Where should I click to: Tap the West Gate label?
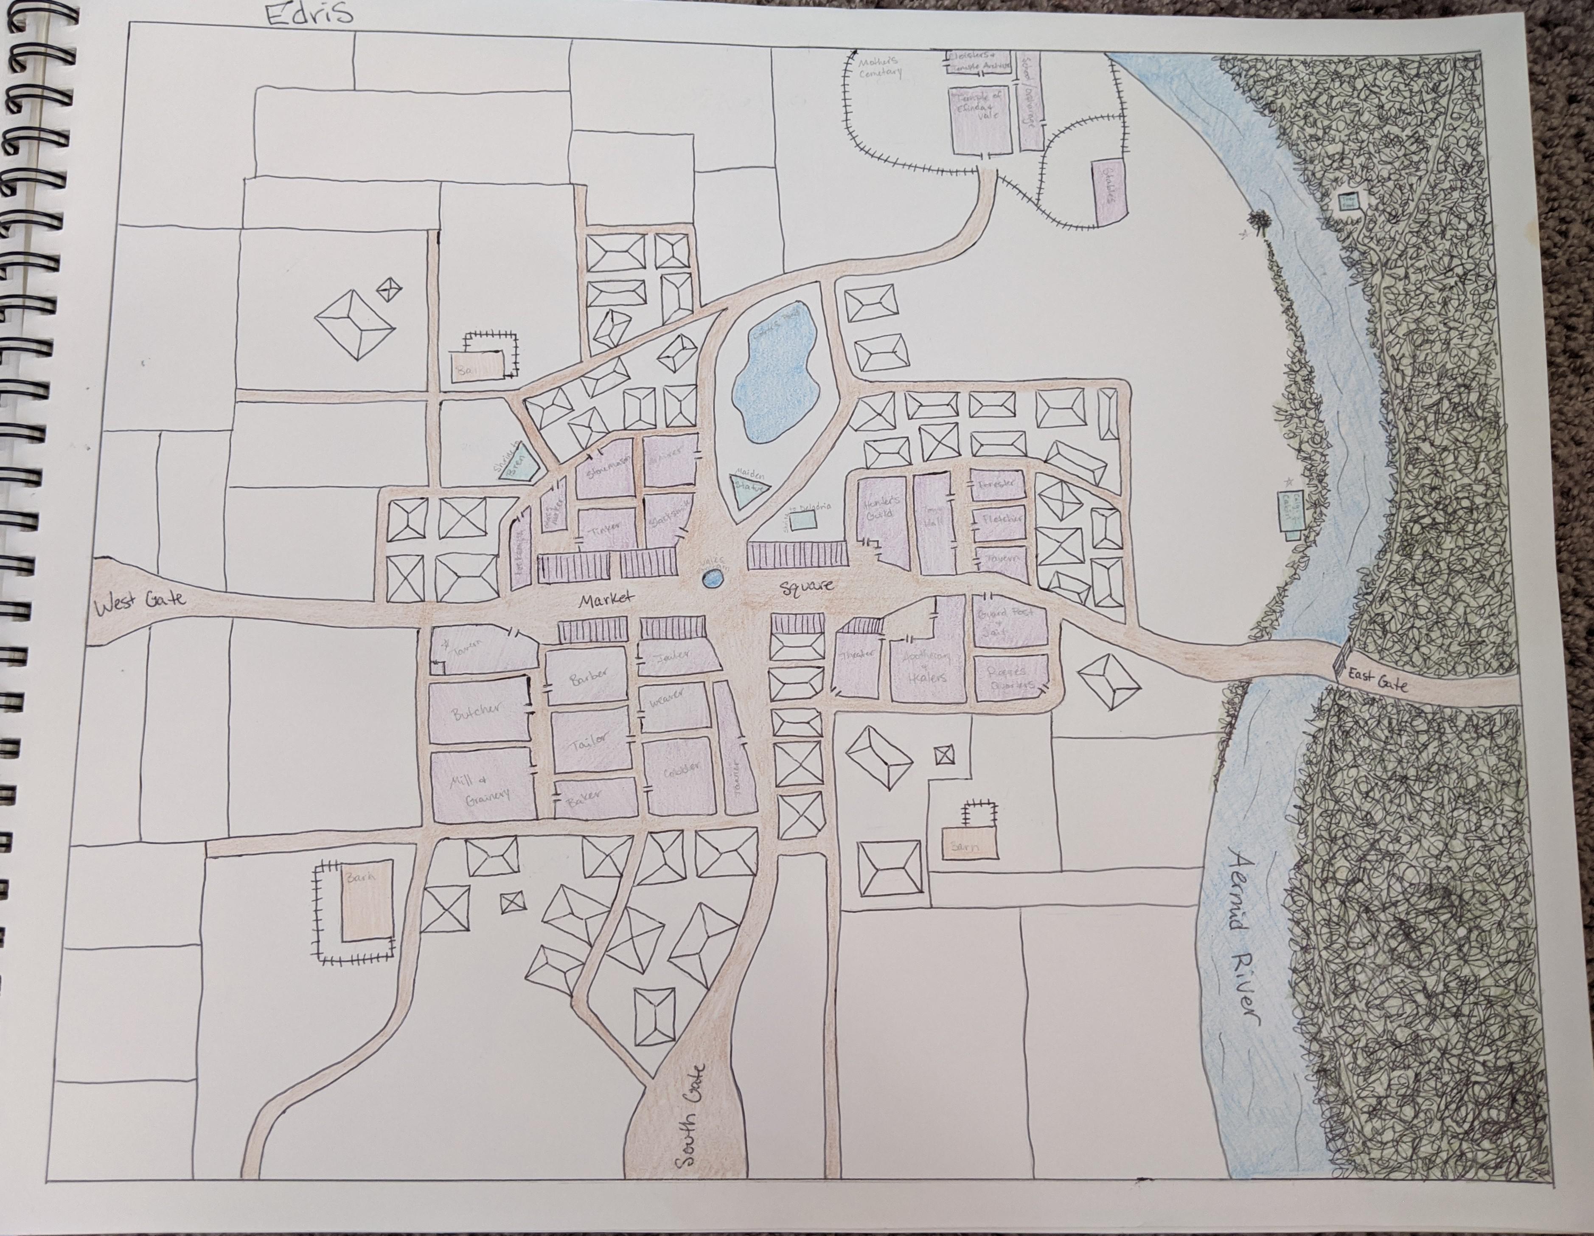(140, 604)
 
